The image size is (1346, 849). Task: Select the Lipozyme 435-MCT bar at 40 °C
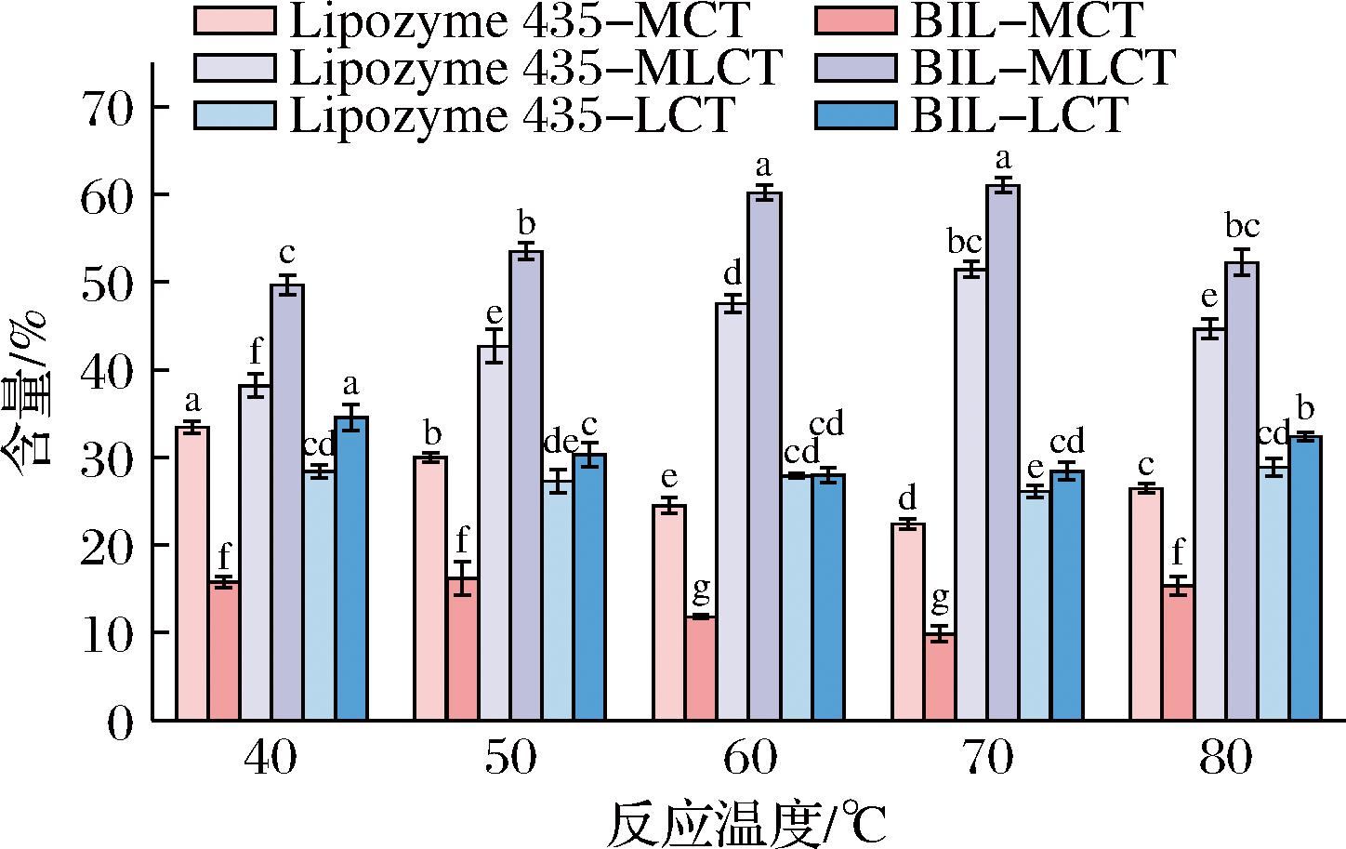192,573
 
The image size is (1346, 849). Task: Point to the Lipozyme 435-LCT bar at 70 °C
1034,604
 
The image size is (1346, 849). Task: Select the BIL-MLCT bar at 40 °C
287,502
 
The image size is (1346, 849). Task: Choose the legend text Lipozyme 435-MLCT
535,67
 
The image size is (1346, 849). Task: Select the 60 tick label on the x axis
750,761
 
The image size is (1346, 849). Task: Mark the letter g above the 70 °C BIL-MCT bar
940,599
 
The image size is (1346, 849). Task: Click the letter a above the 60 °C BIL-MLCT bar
764,167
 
